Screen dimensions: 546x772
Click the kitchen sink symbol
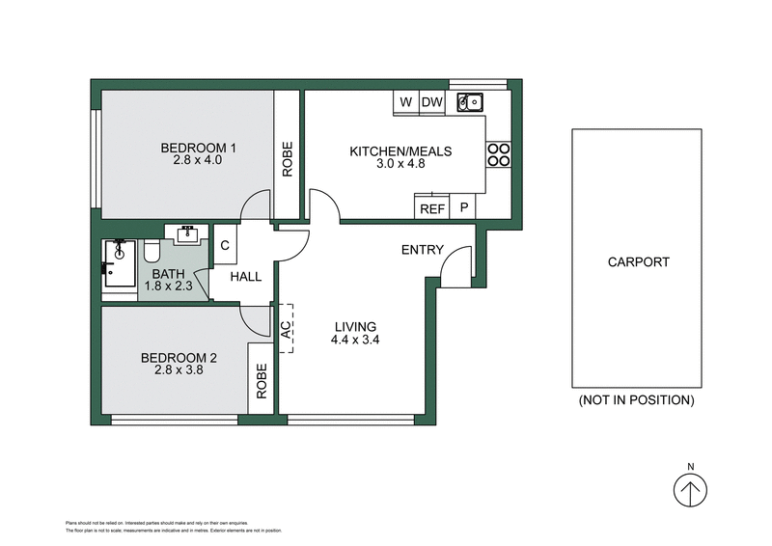pyautogui.click(x=470, y=100)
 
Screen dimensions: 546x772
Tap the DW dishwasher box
pyautogui.click(x=431, y=101)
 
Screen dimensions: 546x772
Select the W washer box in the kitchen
pyautogui.click(x=405, y=101)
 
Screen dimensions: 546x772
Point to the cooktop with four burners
pyautogui.click(x=498, y=154)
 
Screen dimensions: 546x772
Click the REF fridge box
pyautogui.click(x=431, y=207)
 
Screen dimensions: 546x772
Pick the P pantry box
pyautogui.click(x=463, y=207)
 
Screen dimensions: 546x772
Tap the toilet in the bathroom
pyautogui.click(x=151, y=253)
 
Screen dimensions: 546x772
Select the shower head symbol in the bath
pyautogui.click(x=120, y=247)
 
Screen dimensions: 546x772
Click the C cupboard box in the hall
pyautogui.click(x=224, y=245)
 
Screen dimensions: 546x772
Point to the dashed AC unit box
pyautogui.click(x=286, y=327)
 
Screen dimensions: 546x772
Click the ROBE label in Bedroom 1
pyautogui.click(x=287, y=159)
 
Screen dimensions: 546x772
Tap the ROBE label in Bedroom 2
pyautogui.click(x=261, y=380)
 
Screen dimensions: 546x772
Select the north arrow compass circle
pyautogui.click(x=690, y=491)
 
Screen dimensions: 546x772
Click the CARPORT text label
pyautogui.click(x=638, y=261)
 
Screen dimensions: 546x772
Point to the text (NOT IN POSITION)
pyautogui.click(x=636, y=399)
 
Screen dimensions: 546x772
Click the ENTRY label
pyautogui.click(x=423, y=251)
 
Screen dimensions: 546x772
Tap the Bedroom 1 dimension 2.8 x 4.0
pyautogui.click(x=198, y=160)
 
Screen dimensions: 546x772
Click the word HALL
pyautogui.click(x=245, y=277)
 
